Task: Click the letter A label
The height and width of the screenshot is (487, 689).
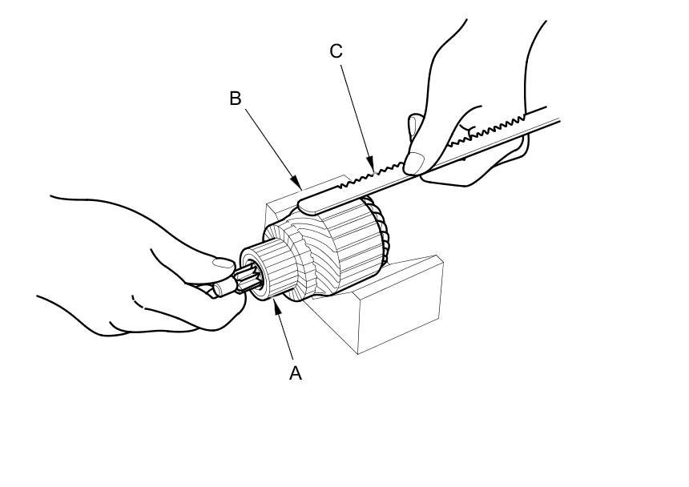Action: pyautogui.click(x=296, y=373)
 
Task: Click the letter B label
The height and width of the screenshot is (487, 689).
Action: pyautogui.click(x=236, y=99)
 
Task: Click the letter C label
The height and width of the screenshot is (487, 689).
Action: pyautogui.click(x=336, y=51)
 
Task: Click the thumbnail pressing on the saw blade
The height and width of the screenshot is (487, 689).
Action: pyautogui.click(x=414, y=163)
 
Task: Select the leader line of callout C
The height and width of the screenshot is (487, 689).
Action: pyautogui.click(x=355, y=111)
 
